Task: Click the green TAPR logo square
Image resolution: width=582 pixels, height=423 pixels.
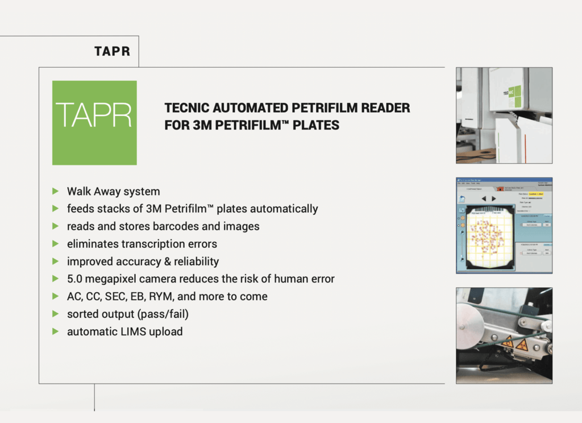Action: point(94,122)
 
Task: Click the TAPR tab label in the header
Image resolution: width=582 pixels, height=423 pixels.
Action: point(112,52)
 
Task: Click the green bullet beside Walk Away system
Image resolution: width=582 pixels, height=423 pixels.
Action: point(55,191)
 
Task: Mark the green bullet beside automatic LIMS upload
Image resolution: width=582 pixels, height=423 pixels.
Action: point(55,331)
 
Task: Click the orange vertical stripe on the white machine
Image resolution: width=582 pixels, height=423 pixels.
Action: point(517,139)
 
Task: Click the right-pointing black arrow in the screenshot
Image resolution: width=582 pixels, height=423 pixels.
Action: point(493,198)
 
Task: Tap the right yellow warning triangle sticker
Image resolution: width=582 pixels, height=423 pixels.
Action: point(522,344)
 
